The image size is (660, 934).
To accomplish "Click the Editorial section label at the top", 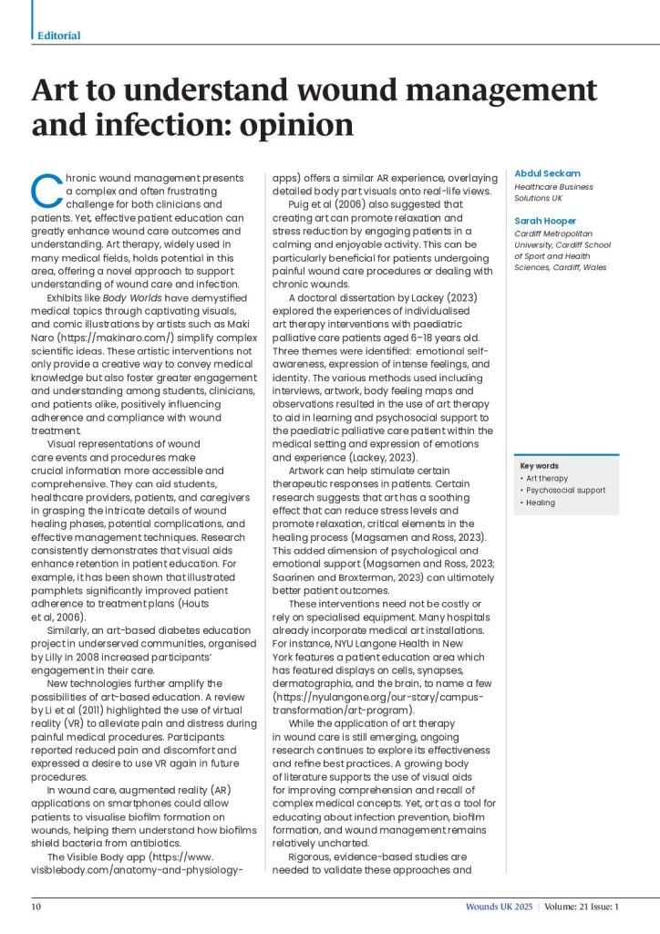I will pos(58,36).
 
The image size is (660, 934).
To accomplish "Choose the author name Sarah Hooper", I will pos(544,221).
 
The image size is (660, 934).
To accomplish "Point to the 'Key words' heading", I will pos(539,466).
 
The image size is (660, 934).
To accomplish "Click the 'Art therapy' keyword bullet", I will pos(547,478).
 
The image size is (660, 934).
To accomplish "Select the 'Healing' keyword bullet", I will pos(540,503).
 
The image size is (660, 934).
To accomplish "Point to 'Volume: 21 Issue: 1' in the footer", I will pos(583,907).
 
